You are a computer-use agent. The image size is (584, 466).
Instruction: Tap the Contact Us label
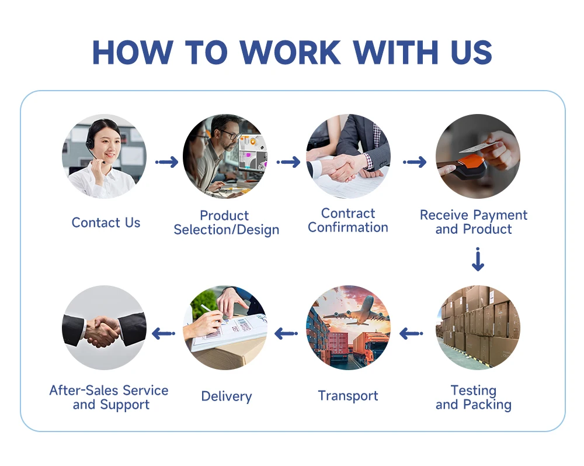point(106,223)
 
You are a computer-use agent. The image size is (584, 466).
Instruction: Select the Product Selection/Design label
point(227,223)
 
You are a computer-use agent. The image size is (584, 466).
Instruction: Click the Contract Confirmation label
point(348,220)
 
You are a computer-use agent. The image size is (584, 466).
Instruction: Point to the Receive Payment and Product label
point(474,222)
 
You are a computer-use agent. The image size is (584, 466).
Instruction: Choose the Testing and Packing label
point(474,398)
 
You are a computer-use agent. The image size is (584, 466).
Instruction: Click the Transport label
point(348,396)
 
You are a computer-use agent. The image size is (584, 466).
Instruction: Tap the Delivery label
point(227,396)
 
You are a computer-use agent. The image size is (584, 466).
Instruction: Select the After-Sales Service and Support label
point(109,398)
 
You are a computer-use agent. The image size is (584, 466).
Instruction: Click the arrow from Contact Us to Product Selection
point(167,162)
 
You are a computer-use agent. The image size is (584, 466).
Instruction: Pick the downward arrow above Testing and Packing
point(478,260)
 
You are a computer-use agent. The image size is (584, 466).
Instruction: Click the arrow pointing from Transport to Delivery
point(286,334)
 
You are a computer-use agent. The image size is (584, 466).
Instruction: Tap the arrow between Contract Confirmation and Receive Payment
point(415,162)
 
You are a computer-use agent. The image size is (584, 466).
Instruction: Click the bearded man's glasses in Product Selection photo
point(230,134)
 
